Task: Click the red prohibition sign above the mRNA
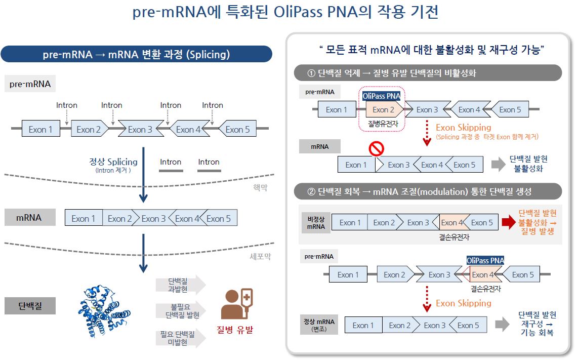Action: (x=377, y=148)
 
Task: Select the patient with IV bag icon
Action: (x=236, y=304)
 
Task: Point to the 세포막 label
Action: (x=260, y=256)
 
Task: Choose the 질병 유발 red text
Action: (x=234, y=330)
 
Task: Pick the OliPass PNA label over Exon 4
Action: (x=485, y=260)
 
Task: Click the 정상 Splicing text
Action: (x=113, y=162)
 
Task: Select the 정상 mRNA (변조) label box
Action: (x=319, y=326)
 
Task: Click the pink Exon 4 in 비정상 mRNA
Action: (x=452, y=222)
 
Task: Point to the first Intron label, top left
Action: (x=67, y=105)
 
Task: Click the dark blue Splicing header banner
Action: (x=136, y=54)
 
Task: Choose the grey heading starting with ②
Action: (x=428, y=192)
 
